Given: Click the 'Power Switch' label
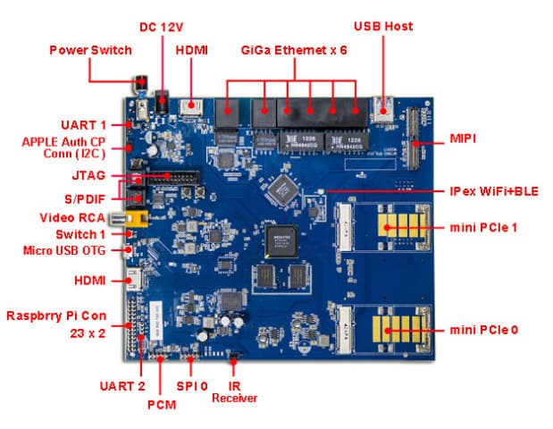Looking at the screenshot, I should pyautogui.click(x=90, y=50).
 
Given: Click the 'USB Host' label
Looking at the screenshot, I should pyautogui.click(x=383, y=26).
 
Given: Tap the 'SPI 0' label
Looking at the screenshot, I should pyautogui.click(x=191, y=385).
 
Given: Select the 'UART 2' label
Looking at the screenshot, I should pyautogui.click(x=121, y=385).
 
